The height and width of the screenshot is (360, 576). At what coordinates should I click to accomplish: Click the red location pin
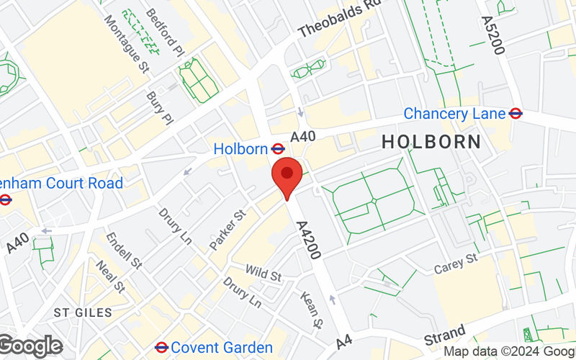coord(287,175)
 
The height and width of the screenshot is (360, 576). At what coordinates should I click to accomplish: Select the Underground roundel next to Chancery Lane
coord(515,114)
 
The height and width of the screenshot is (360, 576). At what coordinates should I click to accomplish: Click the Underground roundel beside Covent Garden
coord(162,348)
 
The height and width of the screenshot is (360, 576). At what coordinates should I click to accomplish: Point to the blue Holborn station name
coord(240,149)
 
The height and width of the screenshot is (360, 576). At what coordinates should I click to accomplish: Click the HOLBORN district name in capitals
coord(431,142)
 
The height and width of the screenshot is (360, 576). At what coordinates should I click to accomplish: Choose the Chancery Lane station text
coord(454,114)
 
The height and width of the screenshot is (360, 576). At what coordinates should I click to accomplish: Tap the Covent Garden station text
coord(222,348)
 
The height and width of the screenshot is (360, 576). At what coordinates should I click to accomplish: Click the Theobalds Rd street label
coord(338,19)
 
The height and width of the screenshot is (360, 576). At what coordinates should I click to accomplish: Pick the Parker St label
coord(228,230)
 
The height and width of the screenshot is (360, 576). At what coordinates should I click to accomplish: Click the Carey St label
coord(456,263)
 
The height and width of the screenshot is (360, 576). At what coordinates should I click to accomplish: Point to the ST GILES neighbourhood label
coord(84,312)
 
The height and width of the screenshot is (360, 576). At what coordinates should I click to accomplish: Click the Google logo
coord(31,346)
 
